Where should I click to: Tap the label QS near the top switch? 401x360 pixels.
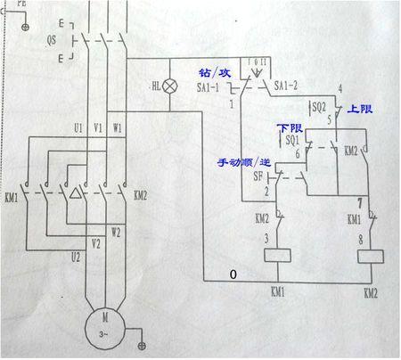click(52, 40)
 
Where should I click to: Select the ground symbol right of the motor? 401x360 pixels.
click(140, 342)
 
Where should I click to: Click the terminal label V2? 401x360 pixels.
click(96, 241)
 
